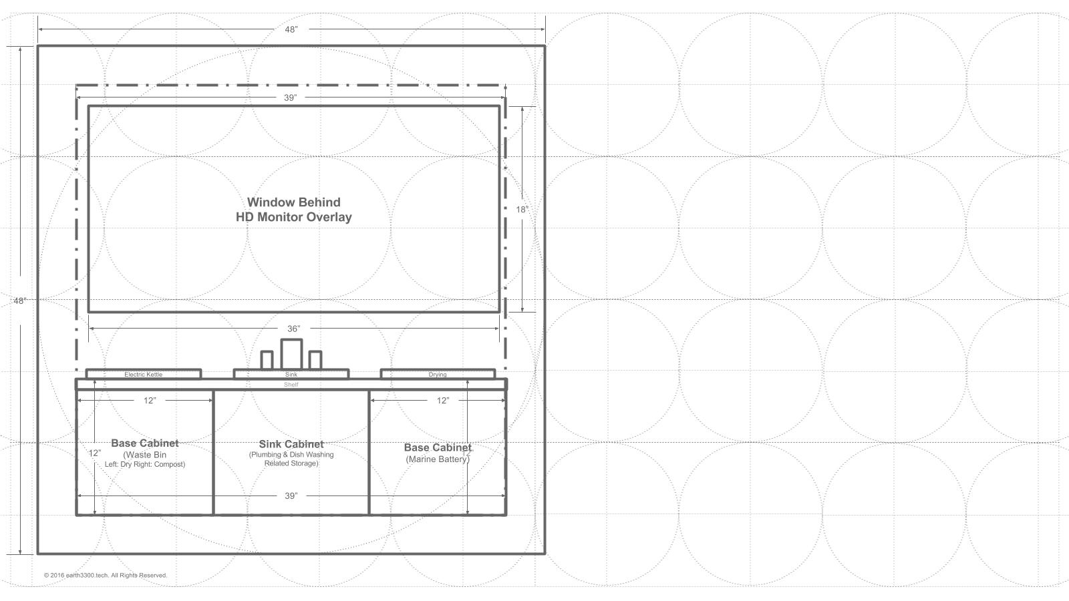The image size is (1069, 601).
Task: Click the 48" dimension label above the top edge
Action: tap(291, 29)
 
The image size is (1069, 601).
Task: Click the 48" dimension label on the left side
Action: tap(19, 301)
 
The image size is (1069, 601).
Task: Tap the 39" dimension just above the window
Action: tap(290, 97)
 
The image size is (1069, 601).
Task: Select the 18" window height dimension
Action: tap(522, 210)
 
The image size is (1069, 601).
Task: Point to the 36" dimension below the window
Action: tap(293, 329)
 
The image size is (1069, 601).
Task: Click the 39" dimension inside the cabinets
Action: tap(291, 496)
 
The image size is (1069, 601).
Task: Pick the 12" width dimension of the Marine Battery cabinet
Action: tap(443, 401)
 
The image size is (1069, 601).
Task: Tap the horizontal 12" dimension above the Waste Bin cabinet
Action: tap(150, 401)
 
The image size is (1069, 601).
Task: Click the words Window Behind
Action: tap(293, 202)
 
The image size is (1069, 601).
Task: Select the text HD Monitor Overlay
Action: tap(293, 217)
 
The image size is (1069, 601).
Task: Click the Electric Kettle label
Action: tap(143, 375)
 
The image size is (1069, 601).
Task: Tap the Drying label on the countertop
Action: tap(438, 375)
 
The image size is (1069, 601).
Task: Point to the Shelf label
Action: tap(291, 385)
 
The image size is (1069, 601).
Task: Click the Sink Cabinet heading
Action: tap(291, 444)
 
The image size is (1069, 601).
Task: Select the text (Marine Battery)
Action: tap(438, 459)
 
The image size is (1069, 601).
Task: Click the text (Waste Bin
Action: tap(144, 455)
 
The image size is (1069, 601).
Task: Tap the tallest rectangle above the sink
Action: tap(291, 354)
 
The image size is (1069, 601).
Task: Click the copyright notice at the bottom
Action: tap(106, 575)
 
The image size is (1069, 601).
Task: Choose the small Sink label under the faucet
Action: tap(291, 375)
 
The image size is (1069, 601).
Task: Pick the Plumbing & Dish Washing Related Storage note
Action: tap(291, 459)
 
